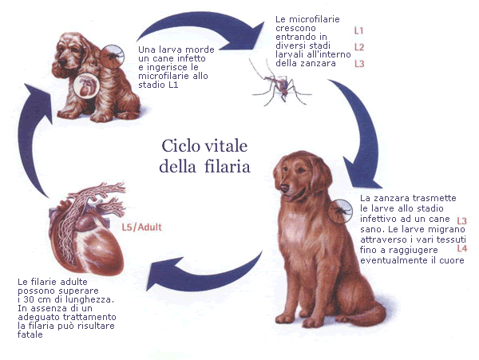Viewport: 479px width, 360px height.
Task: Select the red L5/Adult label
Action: coord(141,227)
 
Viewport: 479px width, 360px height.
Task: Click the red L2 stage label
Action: coord(359,47)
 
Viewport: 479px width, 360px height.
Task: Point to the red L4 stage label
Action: coord(462,248)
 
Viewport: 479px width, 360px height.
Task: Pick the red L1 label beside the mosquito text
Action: coord(358,30)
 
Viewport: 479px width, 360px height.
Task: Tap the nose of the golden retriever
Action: coord(284,188)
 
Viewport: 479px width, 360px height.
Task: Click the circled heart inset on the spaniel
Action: coord(86,85)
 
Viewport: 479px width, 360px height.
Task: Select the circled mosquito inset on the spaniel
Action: coord(112,57)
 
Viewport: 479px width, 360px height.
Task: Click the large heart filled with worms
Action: coord(89,229)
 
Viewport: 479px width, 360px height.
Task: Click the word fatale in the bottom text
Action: coord(30,334)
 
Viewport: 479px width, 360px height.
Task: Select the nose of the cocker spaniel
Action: coord(62,62)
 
